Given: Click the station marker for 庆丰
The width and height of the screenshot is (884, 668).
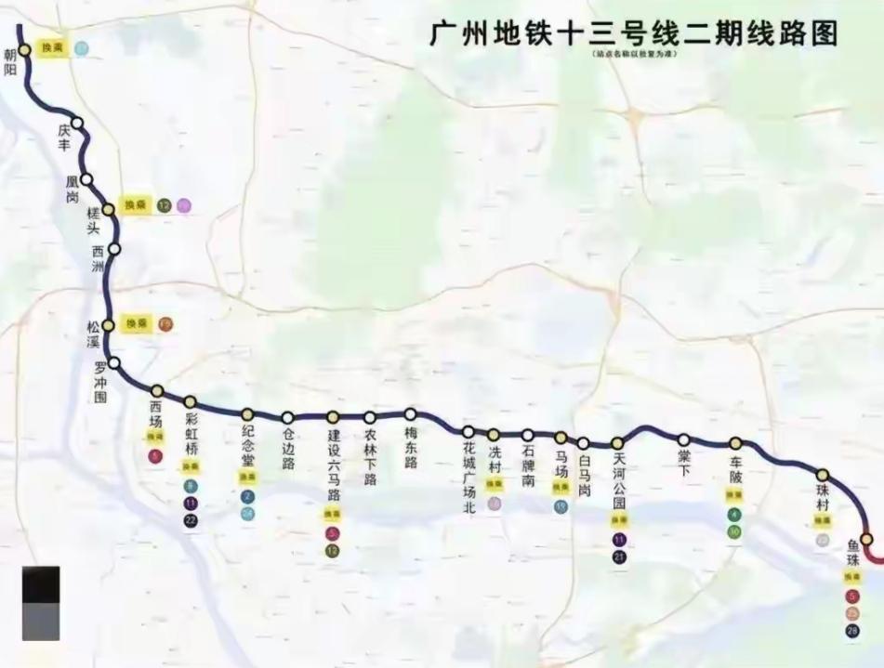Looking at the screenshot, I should [77, 123].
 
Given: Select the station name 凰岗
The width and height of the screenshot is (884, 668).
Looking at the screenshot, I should [73, 190].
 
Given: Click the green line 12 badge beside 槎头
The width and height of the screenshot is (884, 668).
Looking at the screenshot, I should [164, 205].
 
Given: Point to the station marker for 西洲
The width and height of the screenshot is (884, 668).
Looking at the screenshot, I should [114, 249].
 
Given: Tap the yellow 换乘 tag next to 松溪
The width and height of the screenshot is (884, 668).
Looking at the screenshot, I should [137, 323].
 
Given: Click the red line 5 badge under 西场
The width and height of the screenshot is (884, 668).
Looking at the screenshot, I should [155, 455].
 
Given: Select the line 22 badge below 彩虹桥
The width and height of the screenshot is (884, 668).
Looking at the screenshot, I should [191, 520].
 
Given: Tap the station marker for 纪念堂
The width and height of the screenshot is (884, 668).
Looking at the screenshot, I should [247, 415].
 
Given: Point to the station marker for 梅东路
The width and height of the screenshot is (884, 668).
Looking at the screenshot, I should [410, 414].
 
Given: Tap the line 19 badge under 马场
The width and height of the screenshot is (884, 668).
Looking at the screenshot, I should [561, 506].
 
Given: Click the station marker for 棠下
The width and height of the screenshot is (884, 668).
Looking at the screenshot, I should [684, 439].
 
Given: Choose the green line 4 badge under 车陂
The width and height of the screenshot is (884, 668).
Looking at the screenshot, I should [734, 515].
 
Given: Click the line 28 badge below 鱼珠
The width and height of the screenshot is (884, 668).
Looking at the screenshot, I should [852, 631].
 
